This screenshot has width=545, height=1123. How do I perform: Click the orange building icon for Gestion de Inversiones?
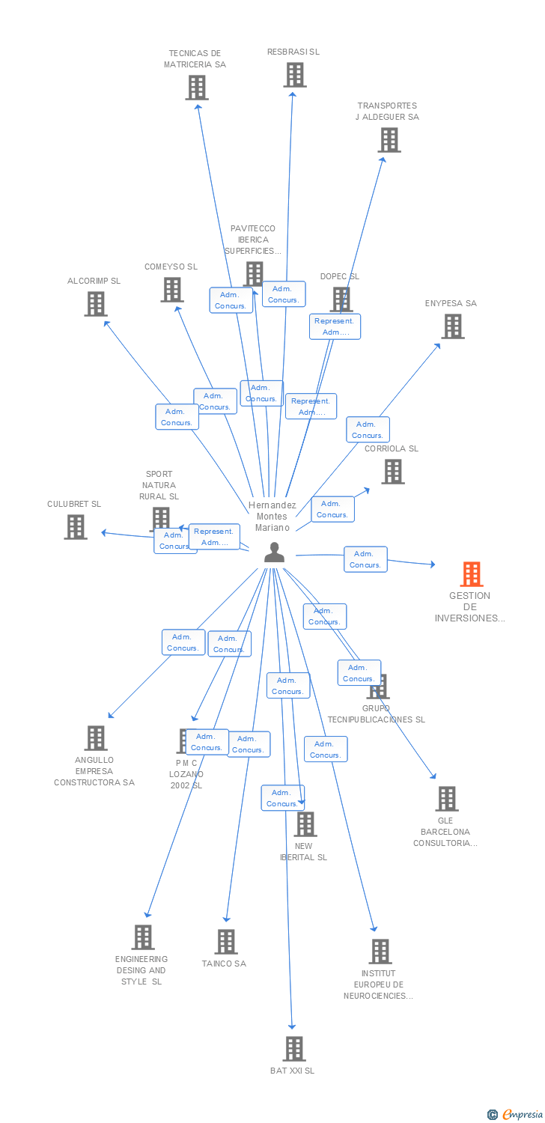pyautogui.click(x=472, y=574)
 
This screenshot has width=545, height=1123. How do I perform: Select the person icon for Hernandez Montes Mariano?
pyautogui.click(x=275, y=553)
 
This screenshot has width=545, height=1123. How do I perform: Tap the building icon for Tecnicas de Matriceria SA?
pyautogui.click(x=197, y=88)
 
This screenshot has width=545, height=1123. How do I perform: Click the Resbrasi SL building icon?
pyautogui.click(x=295, y=75)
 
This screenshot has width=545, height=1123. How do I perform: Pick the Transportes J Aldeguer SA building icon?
pyautogui.click(x=389, y=140)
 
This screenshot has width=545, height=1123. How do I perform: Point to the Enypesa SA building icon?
pyautogui.click(x=453, y=326)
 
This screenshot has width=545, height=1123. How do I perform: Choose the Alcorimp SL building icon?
pyautogui.click(x=96, y=304)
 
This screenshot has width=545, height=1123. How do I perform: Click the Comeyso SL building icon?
pyautogui.click(x=172, y=290)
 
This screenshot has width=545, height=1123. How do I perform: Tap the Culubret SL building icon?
pyautogui.click(x=76, y=527)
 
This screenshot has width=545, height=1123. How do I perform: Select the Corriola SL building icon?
pyautogui.click(x=393, y=472)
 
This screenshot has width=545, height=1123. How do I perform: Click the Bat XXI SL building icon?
pyautogui.click(x=294, y=1049)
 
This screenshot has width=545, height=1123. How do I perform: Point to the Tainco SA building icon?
pyautogui.click(x=226, y=942)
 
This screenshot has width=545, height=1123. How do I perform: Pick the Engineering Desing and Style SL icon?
pyautogui.click(x=143, y=937)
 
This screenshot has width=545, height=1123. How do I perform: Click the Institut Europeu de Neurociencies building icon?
pyautogui.click(x=380, y=952)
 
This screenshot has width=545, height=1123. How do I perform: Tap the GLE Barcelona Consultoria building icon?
pyautogui.click(x=447, y=799)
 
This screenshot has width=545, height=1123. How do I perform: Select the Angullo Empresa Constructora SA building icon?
pyautogui.click(x=96, y=738)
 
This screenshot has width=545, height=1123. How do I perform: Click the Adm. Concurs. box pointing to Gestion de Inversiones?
pyautogui.click(x=365, y=559)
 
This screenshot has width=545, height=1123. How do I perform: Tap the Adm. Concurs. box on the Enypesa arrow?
pyautogui.click(x=368, y=430)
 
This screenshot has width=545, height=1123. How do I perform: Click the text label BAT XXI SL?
pyautogui.click(x=293, y=1071)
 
